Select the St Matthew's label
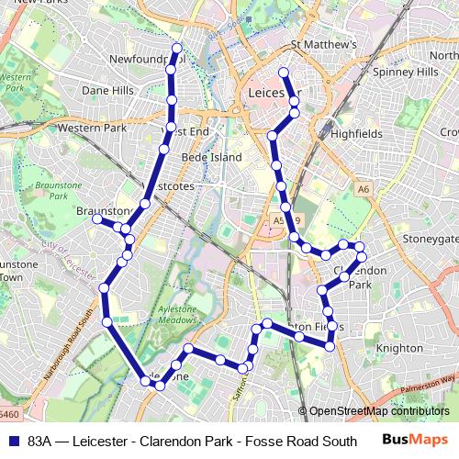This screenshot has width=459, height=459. coord(323,44)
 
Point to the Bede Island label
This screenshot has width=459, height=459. coord(211,157)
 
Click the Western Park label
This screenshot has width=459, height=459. coord(92,128)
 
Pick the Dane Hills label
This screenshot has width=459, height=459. coord(107,91)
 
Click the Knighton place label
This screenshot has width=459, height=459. coord(400,348)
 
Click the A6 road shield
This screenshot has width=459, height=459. coord(364,189)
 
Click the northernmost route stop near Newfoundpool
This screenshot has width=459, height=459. coord(176,47)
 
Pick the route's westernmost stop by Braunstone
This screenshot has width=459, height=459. coord(97,218)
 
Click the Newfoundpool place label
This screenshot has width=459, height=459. coord(147,59)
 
